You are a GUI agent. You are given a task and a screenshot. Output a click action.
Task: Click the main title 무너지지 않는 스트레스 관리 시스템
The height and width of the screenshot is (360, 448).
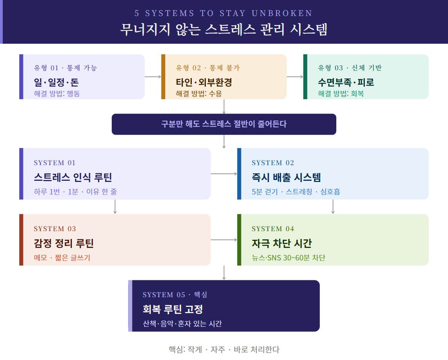224,29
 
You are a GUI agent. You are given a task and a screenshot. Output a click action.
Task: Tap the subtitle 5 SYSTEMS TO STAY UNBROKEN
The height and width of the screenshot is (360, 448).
223,13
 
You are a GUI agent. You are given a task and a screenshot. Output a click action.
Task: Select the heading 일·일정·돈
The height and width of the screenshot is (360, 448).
56,82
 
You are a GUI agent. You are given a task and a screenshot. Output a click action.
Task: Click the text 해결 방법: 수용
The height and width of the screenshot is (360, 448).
199,93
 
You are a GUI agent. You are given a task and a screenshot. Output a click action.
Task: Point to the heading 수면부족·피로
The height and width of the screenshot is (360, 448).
346,82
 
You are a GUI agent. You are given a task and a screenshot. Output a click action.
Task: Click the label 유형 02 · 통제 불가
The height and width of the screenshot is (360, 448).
208,68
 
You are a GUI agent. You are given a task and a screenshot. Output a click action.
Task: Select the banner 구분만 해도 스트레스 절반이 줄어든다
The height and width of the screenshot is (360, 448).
224,124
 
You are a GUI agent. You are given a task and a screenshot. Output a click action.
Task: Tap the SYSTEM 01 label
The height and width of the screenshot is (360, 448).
55,163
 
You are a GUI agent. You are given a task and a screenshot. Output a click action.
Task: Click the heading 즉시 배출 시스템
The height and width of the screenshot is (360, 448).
286,177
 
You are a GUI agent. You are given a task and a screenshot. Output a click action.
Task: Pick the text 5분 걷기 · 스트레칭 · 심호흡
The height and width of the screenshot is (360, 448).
296,191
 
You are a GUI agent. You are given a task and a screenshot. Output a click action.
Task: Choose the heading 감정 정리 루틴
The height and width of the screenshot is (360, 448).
64,243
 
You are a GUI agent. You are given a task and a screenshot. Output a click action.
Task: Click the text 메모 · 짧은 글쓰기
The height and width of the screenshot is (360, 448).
62,258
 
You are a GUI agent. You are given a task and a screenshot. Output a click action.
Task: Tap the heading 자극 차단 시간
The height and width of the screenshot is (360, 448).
282,243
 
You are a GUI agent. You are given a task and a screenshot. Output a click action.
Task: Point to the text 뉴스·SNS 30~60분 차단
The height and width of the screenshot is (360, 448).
289,258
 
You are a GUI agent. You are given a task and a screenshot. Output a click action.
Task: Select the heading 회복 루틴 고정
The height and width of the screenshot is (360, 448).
173,309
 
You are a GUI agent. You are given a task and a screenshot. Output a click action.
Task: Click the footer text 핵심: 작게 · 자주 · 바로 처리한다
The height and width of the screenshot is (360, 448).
224,349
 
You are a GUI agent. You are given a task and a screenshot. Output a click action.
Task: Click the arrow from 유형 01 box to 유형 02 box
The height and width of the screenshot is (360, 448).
153,77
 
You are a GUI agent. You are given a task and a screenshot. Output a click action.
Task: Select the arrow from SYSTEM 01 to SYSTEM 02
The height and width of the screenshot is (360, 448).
224,174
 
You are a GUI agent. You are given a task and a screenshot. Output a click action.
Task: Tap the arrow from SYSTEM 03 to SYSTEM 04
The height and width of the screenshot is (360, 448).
224,240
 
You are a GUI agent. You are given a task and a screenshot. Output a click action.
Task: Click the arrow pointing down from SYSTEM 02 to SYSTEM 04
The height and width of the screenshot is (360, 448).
333,207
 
